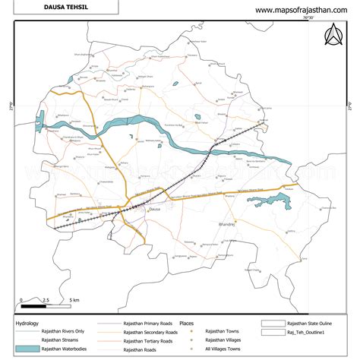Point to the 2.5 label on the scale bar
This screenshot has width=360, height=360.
click(46, 301)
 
